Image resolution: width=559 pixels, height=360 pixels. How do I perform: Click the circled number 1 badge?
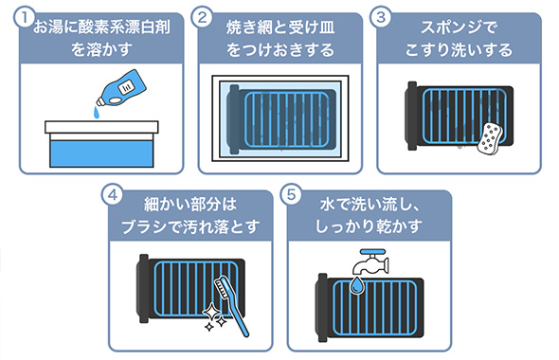[x=25, y=17]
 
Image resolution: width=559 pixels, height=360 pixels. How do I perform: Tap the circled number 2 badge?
[x=203, y=17]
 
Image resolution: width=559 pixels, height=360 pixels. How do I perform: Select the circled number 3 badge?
[x=381, y=17]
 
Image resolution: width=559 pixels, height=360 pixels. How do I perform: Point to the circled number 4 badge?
[x=113, y=195]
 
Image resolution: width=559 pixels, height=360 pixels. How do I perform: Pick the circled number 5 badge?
[x=292, y=195]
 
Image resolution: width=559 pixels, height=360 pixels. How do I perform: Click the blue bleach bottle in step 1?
[x=122, y=88]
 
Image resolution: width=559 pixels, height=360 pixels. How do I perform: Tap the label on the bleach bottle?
[x=127, y=86]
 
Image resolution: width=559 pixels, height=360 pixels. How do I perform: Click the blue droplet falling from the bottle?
[x=97, y=113]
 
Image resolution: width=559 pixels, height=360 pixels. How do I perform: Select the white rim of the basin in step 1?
[x=101, y=127]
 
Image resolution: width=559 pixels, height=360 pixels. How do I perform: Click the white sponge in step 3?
[x=490, y=139]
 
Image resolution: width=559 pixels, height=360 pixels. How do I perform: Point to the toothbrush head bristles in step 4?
[x=221, y=288]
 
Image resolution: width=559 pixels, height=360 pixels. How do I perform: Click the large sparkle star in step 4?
[x=212, y=312]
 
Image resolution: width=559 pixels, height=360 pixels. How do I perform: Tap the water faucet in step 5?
[x=371, y=261]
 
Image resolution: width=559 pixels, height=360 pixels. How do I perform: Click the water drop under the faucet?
[x=356, y=285]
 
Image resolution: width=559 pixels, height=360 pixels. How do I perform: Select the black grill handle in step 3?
[x=412, y=116]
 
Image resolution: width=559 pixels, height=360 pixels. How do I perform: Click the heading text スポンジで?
[x=459, y=27]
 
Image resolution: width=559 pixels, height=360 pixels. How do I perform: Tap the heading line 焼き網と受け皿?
[x=280, y=27]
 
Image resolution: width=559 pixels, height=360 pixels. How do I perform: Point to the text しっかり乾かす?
[x=369, y=226]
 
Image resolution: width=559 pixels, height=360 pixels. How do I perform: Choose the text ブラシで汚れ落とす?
[x=190, y=226]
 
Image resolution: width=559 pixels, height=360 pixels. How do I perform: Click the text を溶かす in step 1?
[x=102, y=49]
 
